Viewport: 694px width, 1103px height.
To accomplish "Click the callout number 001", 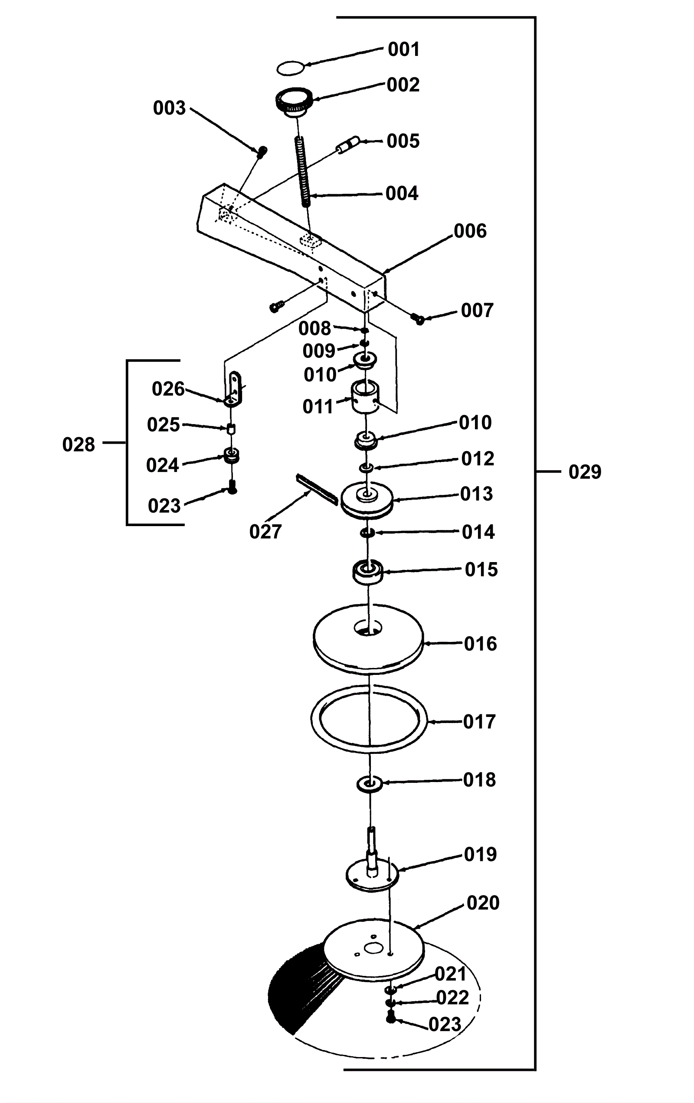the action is click(x=403, y=49).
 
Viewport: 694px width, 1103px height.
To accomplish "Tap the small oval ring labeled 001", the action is click(x=291, y=68).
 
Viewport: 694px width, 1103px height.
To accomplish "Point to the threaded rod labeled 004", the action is click(x=303, y=172).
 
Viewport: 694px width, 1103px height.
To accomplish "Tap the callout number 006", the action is click(x=470, y=231).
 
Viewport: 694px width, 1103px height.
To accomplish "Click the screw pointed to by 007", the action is click(x=417, y=318).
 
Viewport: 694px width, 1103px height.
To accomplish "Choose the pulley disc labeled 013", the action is click(x=367, y=500).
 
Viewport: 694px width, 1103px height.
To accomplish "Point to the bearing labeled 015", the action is click(x=368, y=572).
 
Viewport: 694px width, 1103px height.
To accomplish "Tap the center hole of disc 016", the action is click(x=368, y=628).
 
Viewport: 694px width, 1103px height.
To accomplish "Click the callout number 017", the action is click(x=480, y=722).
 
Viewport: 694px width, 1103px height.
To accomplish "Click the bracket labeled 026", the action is click(x=233, y=390).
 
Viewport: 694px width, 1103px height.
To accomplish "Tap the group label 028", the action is click(x=79, y=445).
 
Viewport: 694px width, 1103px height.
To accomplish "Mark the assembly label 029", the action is click(x=585, y=472).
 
